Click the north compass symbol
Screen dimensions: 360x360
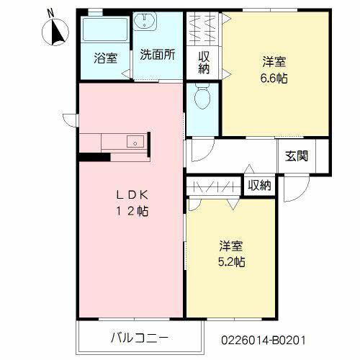pyautogui.click(x=55, y=32)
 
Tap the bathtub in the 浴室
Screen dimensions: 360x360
pyautogui.click(x=105, y=30)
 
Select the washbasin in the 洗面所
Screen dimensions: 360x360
pyautogui.click(x=145, y=21)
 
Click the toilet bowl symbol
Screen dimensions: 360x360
pyautogui.click(x=202, y=96)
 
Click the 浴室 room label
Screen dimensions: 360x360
pyautogui.click(x=106, y=58)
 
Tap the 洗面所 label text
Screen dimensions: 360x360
pyautogui.click(x=158, y=55)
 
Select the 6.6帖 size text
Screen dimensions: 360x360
pyautogui.click(x=274, y=78)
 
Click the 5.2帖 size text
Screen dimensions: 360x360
pyautogui.click(x=231, y=261)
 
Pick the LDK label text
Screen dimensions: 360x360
pyautogui.click(x=132, y=195)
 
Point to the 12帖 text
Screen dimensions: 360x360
pyautogui.click(x=132, y=211)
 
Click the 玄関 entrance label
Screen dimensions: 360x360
pyautogui.click(x=297, y=156)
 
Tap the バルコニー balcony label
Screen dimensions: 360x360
pyautogui.click(x=140, y=338)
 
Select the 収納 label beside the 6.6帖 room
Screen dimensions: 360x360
pyautogui.click(x=204, y=63)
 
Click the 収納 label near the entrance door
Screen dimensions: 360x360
pyautogui.click(x=259, y=185)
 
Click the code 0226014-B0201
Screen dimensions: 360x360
pyautogui.click(x=264, y=341)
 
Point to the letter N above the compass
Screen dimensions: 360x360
pyautogui.click(x=50, y=13)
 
